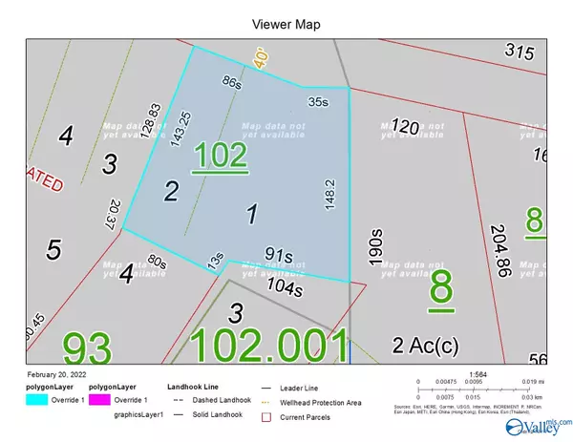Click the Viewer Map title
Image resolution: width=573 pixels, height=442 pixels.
(x=286, y=23)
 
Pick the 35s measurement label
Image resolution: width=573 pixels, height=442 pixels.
(x=318, y=99)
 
